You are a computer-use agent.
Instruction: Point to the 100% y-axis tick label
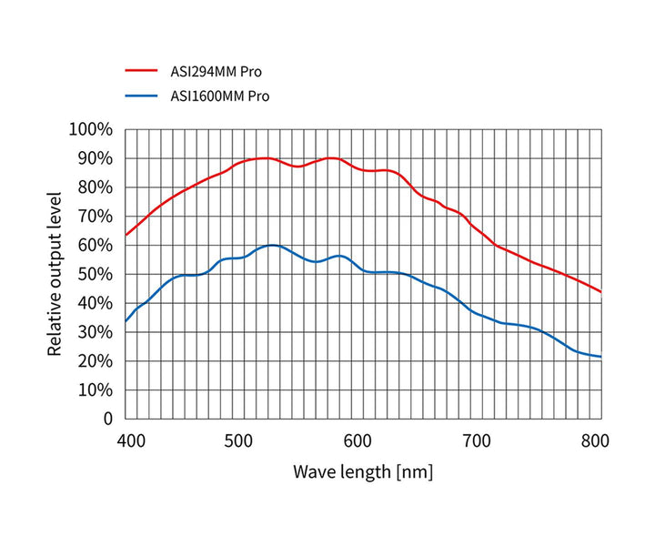click(90, 129)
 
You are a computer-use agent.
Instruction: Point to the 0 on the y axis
click(106, 419)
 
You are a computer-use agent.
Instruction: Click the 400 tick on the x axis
click(132, 441)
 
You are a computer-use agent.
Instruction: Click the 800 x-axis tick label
click(595, 441)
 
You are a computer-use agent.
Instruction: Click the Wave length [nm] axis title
click(363, 472)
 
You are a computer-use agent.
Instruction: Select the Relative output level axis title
click(55, 273)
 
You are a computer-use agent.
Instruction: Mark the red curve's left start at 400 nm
click(126, 235)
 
